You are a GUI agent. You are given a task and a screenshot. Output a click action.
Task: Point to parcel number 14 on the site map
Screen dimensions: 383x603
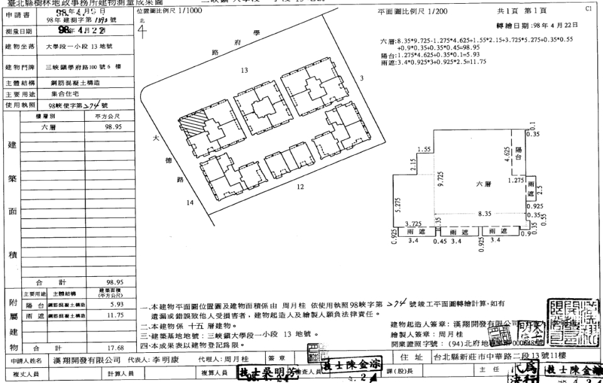tap(190, 203)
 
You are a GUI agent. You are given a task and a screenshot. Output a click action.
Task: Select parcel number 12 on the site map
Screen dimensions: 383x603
tap(300, 186)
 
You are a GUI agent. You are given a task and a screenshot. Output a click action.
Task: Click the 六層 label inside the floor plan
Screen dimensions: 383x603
tap(483, 184)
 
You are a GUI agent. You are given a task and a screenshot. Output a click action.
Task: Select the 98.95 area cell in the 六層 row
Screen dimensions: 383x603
tap(114, 127)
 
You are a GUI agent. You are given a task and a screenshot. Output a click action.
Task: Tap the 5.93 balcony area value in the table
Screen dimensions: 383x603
tap(116, 305)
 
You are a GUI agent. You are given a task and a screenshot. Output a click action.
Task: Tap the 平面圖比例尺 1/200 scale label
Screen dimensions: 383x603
tap(413, 13)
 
